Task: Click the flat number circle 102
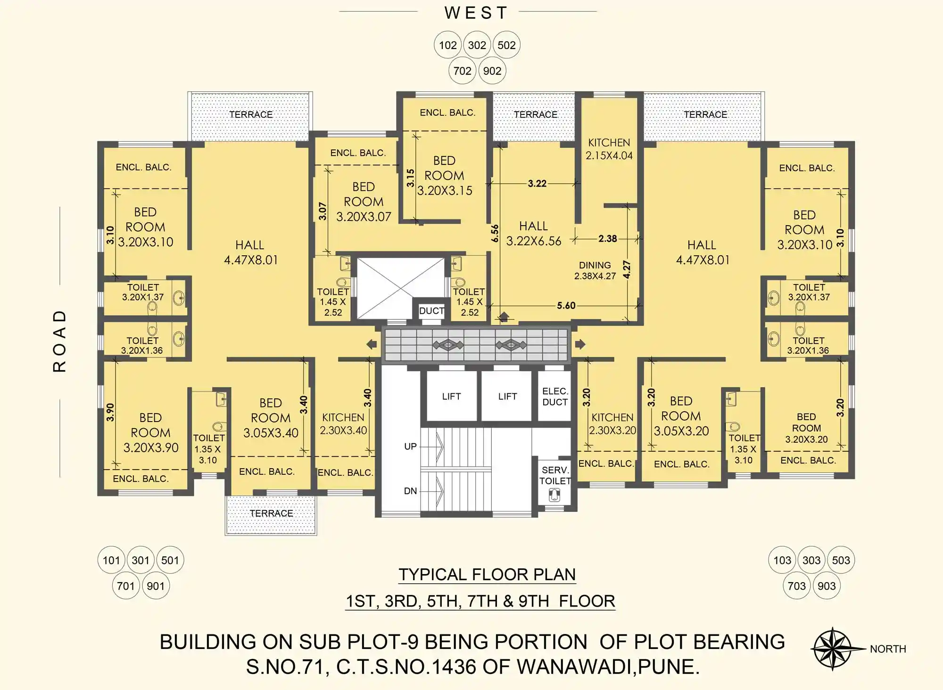click(447, 45)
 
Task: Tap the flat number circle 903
click(827, 585)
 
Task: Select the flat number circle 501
click(170, 560)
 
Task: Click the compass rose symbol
click(833, 649)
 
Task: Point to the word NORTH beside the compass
click(888, 649)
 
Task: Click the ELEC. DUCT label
click(555, 397)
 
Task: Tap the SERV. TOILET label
click(555, 475)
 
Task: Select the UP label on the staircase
click(410, 446)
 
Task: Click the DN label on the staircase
click(410, 491)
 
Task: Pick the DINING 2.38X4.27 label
click(595, 270)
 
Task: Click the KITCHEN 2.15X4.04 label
click(609, 149)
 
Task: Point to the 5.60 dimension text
click(566, 305)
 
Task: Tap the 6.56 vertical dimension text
click(495, 233)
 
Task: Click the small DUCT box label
click(431, 311)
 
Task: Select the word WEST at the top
click(476, 13)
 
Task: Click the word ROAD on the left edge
click(59, 341)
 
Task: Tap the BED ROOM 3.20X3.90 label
click(151, 432)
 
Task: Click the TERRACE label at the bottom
click(271, 513)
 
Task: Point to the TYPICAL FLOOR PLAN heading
click(487, 575)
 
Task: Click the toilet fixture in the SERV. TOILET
click(555, 495)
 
